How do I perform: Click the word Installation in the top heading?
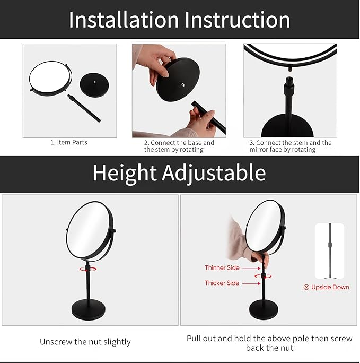point(123,20)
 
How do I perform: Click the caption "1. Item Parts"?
point(69,142)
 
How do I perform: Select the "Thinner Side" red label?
point(222,268)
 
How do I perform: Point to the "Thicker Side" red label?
point(222,283)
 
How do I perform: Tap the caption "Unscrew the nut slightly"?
point(85,342)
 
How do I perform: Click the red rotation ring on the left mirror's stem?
point(87,269)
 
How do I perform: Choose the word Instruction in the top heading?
point(238,20)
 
